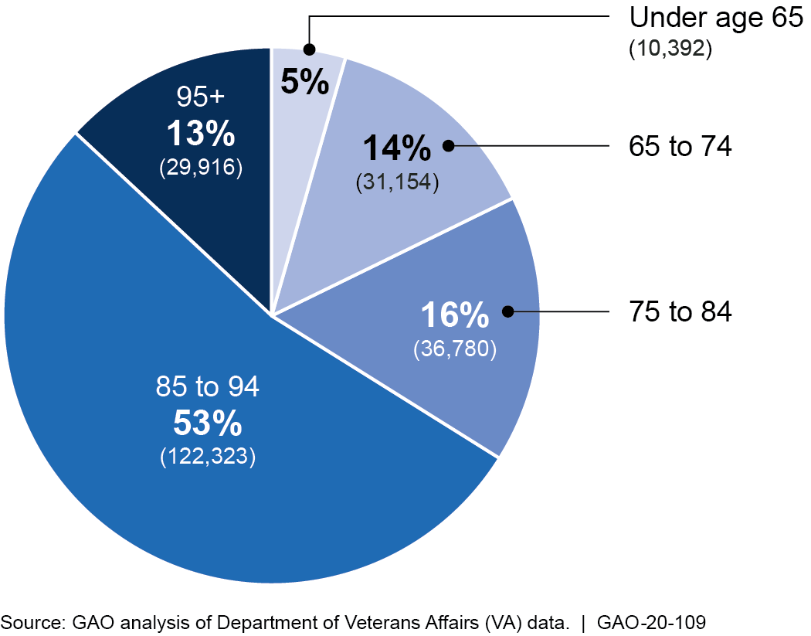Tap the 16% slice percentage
click(454, 316)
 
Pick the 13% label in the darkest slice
click(201, 135)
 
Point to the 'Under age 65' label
click(717, 17)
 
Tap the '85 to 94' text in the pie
click(208, 386)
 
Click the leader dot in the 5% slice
click(309, 49)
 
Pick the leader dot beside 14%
click(448, 145)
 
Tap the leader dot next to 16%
click(507, 311)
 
